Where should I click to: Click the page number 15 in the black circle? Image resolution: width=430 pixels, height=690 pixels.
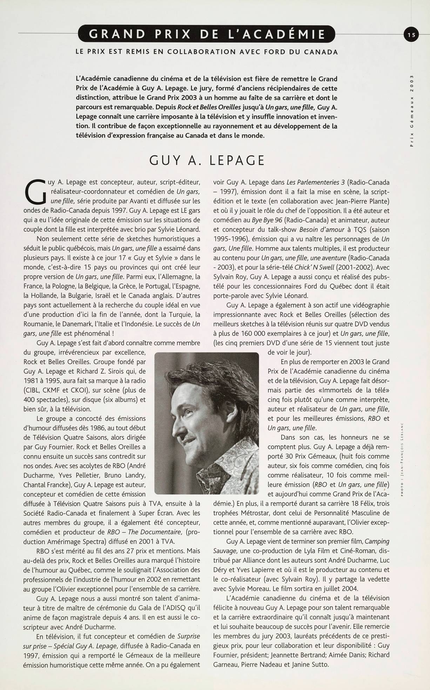coord(411,34)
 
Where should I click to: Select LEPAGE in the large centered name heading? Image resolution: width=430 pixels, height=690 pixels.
coord(237,160)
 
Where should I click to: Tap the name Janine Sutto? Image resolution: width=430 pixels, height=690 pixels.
coord(311,664)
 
